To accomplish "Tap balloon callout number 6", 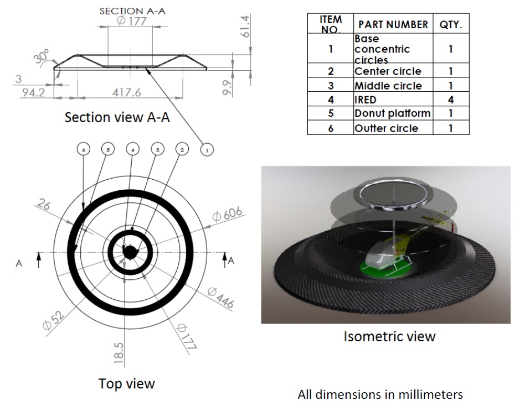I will click(83, 150).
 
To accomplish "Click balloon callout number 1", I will click(206, 150).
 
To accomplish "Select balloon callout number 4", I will click(132, 150).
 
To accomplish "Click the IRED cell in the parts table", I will click(366, 100).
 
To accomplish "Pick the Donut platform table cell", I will click(392, 113).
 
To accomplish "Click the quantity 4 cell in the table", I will click(450, 100).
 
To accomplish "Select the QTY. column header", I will click(450, 25).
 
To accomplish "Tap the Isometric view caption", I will click(389, 336).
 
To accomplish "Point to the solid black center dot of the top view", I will click(129, 252).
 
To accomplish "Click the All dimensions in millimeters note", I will click(380, 395).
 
